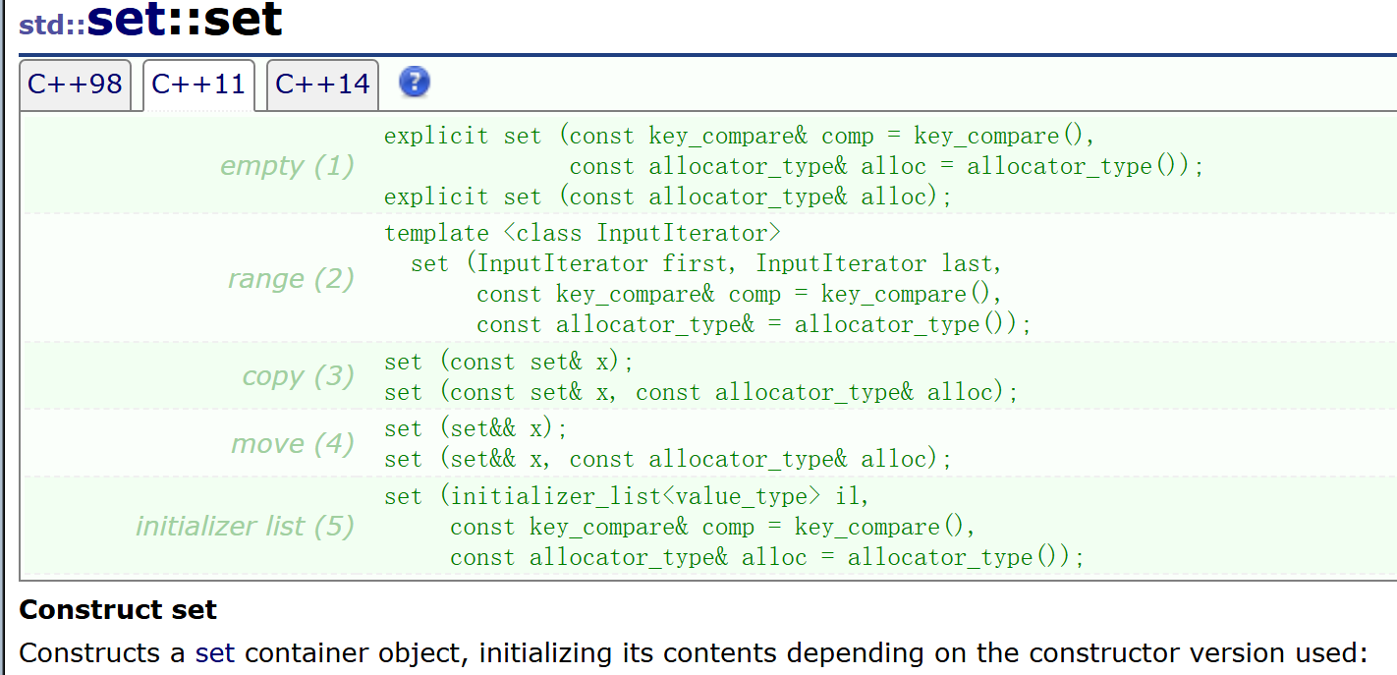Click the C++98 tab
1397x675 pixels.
(x=75, y=84)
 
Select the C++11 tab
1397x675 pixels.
(x=198, y=84)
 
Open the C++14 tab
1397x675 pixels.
(x=322, y=84)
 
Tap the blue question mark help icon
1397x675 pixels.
(x=415, y=83)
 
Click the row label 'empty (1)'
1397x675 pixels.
(x=287, y=166)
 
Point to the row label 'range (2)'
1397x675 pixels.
(x=291, y=279)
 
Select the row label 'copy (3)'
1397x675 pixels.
(x=298, y=377)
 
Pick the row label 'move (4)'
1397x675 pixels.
(x=292, y=444)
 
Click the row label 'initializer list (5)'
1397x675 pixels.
(x=245, y=527)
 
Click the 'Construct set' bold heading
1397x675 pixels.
(x=118, y=610)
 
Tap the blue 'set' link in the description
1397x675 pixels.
(x=215, y=653)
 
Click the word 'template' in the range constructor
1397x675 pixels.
(x=436, y=234)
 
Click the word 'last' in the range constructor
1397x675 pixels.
(x=965, y=264)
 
